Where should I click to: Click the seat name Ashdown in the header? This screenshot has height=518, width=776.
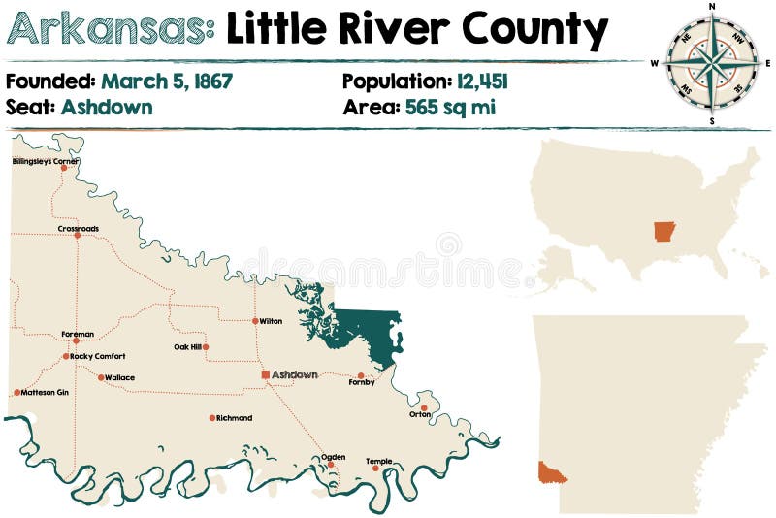107,107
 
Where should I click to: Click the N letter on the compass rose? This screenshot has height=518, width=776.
712,7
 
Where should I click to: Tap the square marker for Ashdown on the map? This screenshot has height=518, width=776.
265,374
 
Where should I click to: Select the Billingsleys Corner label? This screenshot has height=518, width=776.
46,161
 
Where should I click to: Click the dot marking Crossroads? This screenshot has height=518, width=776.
78,235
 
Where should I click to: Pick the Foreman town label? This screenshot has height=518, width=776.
78,333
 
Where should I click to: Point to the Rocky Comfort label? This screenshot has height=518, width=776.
99,356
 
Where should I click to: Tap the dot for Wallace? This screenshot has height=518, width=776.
101,377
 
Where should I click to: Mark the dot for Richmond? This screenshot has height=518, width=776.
212,418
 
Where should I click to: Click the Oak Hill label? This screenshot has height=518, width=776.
186,346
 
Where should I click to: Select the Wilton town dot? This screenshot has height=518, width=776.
255,321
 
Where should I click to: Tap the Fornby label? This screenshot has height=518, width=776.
361,383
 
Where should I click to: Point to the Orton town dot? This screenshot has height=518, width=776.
424,407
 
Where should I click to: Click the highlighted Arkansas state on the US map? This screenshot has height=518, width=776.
664,232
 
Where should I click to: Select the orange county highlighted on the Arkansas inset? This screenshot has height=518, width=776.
551,472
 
